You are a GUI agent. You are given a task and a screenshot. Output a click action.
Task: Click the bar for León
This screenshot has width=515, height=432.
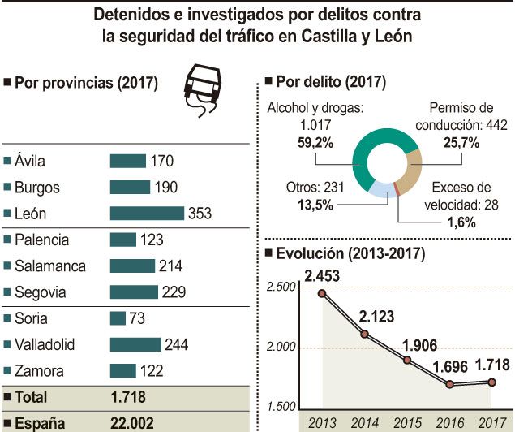tap(147, 214)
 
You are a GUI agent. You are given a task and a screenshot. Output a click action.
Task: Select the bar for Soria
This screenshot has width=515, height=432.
tap(118, 318)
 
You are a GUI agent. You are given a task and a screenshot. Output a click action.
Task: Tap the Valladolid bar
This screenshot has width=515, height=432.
tap(135, 344)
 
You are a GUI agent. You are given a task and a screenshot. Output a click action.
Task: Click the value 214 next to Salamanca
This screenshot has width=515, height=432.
tap(171, 266)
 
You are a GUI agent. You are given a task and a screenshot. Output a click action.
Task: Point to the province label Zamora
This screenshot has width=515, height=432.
tap(39, 371)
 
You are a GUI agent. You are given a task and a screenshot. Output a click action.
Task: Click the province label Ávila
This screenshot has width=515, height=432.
tap(33, 162)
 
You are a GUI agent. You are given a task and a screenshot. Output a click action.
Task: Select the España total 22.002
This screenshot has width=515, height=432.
tap(131, 422)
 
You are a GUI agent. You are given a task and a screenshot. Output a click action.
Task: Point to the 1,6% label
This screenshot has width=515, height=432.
tap(460, 222)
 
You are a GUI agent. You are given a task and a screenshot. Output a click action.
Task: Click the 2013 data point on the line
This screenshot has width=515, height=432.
tap(322, 293)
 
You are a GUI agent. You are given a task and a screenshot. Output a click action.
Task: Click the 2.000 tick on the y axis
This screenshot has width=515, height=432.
tap(281, 348)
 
